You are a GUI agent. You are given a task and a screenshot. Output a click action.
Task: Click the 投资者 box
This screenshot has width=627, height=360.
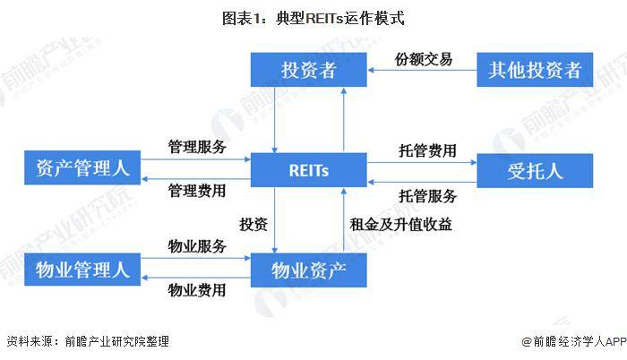point(308,70)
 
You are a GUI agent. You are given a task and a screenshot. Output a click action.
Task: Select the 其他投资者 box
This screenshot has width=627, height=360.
point(535,70)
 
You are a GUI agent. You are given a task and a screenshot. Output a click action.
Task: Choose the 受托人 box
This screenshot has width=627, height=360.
point(535,170)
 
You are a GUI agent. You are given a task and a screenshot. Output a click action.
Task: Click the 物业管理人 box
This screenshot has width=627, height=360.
point(82,268)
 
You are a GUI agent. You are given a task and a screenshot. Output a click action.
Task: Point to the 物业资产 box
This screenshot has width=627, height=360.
point(308,268)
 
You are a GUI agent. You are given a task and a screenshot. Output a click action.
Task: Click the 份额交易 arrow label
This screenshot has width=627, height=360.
point(424,59)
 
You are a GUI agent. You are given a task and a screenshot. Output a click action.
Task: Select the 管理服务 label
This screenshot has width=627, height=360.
point(197,147)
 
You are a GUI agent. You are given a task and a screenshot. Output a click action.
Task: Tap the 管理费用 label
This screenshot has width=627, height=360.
point(197,190)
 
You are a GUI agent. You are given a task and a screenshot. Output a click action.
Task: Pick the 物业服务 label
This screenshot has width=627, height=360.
point(197,246)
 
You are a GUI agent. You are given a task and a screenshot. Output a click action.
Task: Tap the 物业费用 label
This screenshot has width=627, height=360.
point(197,289)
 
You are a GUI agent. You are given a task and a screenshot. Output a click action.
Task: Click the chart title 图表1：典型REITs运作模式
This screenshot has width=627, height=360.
point(313,17)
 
